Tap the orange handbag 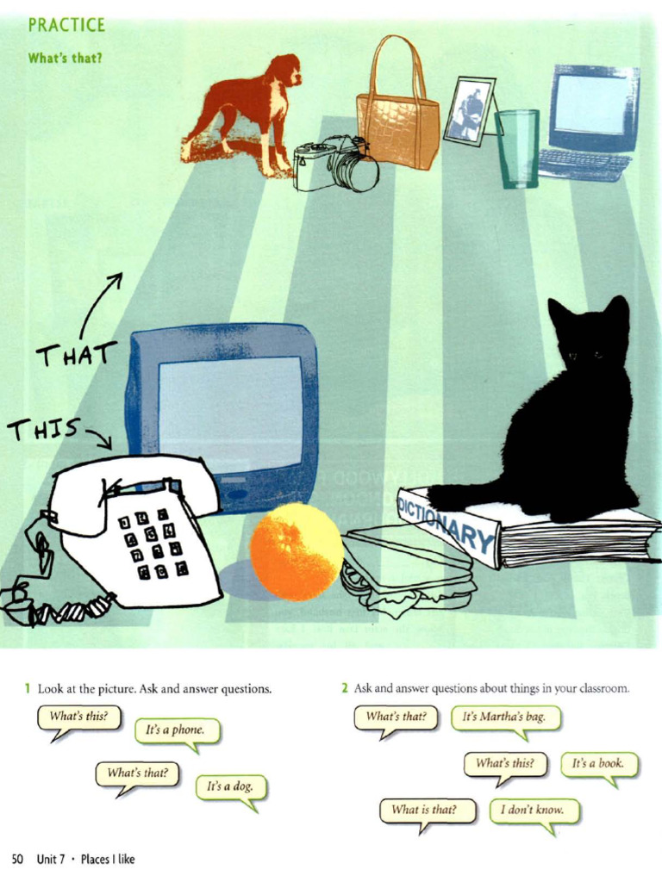point(397,129)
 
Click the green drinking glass point(517,148)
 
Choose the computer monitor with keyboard point(591,121)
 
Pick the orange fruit point(297,551)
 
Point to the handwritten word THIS point(43,427)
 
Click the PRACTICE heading point(66,25)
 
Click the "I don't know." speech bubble point(533,810)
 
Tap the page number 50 point(17,859)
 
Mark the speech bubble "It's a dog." point(230,786)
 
